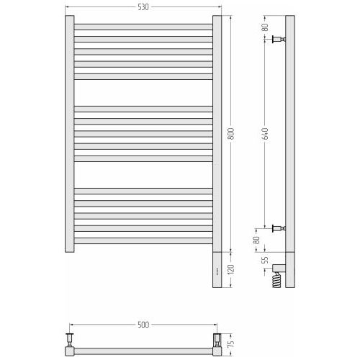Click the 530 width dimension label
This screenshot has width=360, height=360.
click(x=143, y=7)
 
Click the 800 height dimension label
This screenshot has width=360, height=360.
click(x=230, y=134)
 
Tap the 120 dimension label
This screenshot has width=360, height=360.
click(x=230, y=270)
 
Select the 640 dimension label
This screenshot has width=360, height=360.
click(x=265, y=134)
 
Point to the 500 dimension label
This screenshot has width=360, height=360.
click(x=143, y=325)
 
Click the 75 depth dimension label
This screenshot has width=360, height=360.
click(x=230, y=343)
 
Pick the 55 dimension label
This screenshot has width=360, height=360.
click(x=265, y=260)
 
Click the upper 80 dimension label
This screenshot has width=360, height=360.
click(x=265, y=27)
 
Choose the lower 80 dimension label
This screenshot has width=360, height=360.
click(x=256, y=240)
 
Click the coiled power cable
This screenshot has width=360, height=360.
click(x=276, y=280)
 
